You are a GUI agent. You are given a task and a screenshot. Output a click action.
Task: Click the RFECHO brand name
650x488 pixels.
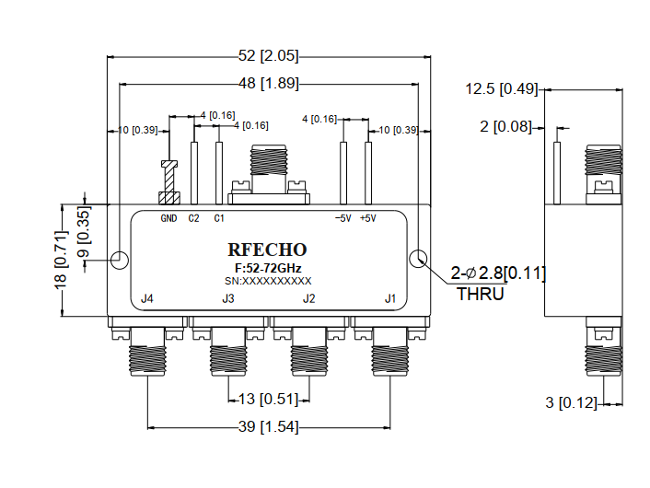(267, 250)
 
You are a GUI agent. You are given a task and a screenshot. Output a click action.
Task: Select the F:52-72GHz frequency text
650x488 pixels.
(267, 267)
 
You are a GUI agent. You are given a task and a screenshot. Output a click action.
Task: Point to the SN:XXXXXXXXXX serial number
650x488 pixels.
(268, 280)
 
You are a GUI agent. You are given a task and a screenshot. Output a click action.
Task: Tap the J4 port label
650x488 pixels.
(146, 298)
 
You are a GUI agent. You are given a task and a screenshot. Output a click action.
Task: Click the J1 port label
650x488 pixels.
(390, 298)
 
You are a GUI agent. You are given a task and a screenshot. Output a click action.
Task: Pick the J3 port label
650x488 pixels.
(228, 298)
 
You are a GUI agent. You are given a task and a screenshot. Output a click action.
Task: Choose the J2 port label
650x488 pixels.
(309, 298)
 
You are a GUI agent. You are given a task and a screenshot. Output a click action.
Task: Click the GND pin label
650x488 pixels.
(168, 218)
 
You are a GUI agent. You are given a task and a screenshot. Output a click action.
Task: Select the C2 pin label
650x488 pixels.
(193, 218)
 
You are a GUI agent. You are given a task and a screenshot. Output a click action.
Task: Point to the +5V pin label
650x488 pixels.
(367, 218)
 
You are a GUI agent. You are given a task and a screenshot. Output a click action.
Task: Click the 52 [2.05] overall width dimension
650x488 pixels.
(268, 56)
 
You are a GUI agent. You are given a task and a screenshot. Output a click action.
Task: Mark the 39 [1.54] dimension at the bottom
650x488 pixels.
(268, 427)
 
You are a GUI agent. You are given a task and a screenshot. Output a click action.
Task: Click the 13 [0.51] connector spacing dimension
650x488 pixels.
(268, 399)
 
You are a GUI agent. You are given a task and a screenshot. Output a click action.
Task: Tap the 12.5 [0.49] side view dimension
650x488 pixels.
(502, 89)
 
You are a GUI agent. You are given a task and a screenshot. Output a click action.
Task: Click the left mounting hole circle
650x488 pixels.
(120, 259)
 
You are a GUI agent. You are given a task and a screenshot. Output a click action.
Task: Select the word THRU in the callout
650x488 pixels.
(481, 295)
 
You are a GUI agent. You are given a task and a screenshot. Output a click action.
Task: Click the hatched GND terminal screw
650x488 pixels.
(168, 197)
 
